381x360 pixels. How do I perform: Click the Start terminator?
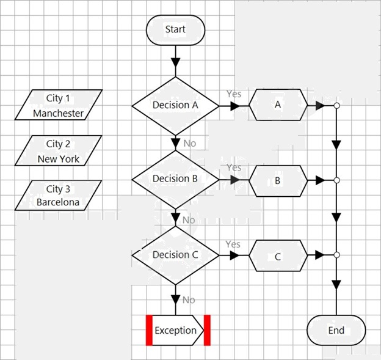point(175,30)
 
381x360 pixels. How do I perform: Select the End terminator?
point(336,330)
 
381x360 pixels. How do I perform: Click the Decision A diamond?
point(175,106)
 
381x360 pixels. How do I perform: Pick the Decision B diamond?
point(175,180)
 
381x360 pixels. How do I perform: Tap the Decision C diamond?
point(175,255)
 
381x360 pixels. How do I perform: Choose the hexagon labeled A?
point(278,105)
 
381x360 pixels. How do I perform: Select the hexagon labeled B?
point(278,181)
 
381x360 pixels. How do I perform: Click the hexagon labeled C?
point(278,255)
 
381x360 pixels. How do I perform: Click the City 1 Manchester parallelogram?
point(59,105)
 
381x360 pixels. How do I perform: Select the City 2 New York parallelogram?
point(59,150)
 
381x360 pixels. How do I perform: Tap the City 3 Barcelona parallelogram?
point(59,196)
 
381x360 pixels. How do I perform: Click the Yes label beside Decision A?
point(234,94)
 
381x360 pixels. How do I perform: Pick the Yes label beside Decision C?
point(233,244)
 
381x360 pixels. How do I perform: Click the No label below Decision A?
point(190,143)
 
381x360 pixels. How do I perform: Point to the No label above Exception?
point(189,300)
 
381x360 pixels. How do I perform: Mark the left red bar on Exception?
point(149,330)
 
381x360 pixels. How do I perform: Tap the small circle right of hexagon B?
point(336,180)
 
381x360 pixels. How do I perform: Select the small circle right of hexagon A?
point(336,106)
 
